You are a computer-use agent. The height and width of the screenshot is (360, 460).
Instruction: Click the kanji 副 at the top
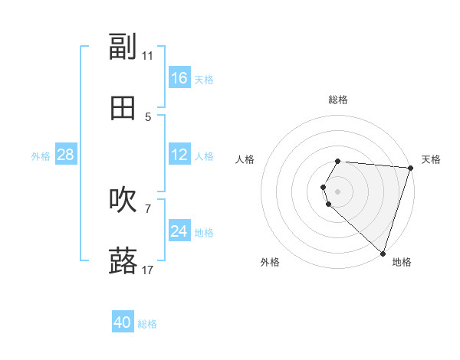[x=123, y=47]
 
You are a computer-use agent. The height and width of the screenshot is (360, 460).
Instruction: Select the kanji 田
[x=123, y=108]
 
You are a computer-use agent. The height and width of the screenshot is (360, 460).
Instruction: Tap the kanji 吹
[x=123, y=200]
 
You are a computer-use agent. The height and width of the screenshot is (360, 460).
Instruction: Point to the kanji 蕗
[x=123, y=261]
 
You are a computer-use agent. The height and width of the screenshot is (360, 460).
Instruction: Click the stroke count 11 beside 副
[x=147, y=56]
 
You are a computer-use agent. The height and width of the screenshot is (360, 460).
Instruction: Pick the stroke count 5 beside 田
[x=148, y=117]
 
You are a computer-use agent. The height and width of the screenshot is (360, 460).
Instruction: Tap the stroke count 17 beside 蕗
[x=147, y=270]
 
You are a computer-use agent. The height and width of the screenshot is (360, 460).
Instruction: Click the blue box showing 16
[x=179, y=78]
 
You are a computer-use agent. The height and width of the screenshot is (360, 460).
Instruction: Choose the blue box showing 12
[x=179, y=155]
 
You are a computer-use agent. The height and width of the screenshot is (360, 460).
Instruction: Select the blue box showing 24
[x=179, y=231]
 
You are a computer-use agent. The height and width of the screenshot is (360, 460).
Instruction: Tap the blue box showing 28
[x=65, y=155]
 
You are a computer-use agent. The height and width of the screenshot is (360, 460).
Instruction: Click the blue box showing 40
[x=123, y=322]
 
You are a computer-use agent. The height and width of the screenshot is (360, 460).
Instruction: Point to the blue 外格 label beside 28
[x=41, y=156]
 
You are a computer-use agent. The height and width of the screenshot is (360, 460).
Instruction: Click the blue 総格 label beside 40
[x=147, y=324]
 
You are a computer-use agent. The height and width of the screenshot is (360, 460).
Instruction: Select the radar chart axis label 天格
[x=431, y=159]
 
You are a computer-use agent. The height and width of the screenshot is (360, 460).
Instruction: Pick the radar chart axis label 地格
[x=402, y=262]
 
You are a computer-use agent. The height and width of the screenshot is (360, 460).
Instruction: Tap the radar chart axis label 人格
[x=245, y=159]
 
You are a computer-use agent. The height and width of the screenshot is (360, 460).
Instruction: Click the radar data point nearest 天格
[x=410, y=168]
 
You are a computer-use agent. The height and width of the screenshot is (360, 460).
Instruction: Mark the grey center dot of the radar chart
[x=337, y=191]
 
